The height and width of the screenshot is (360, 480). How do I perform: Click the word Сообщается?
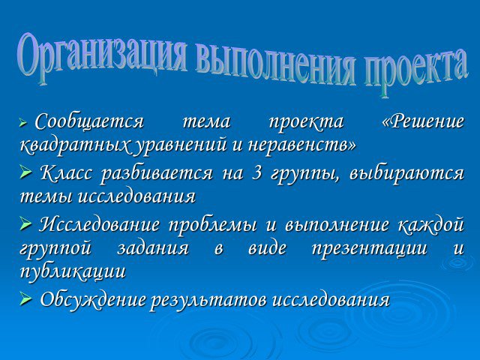tap(89, 121)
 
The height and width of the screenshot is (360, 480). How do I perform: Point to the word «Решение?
tap(423, 121)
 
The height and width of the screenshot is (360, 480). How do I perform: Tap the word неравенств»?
tap(302, 145)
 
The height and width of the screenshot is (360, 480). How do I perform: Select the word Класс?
tap(66, 173)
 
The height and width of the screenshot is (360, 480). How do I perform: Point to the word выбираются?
tap(406, 173)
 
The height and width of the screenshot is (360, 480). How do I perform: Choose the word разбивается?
tap(157, 174)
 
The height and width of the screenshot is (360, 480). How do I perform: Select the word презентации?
tap(369, 248)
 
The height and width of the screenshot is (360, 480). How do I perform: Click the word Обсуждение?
tap(93, 299)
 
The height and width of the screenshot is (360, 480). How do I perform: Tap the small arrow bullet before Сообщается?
tap(23, 123)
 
